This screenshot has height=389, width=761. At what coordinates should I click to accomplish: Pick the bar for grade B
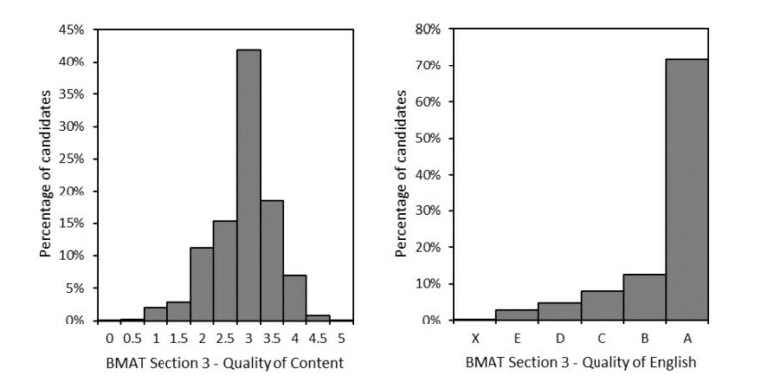[x=644, y=297]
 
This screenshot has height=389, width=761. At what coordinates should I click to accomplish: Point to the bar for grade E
[x=515, y=315]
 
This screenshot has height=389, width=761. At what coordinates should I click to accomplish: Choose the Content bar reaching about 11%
[x=202, y=283]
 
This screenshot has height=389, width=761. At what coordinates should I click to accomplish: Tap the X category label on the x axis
[x=473, y=337]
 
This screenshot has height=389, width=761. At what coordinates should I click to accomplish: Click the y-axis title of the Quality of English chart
[x=401, y=174]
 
